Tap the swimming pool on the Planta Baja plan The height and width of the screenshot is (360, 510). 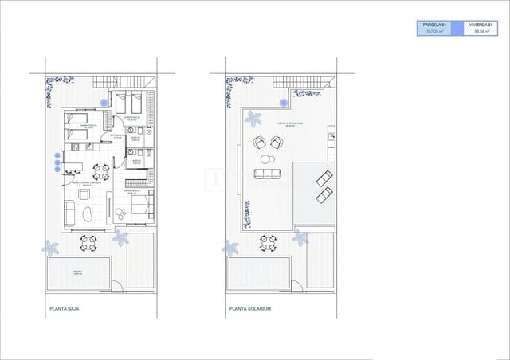tap(79, 273)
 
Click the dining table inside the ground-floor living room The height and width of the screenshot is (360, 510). tap(100, 170)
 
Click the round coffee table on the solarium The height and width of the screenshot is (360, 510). tap(266, 159)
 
